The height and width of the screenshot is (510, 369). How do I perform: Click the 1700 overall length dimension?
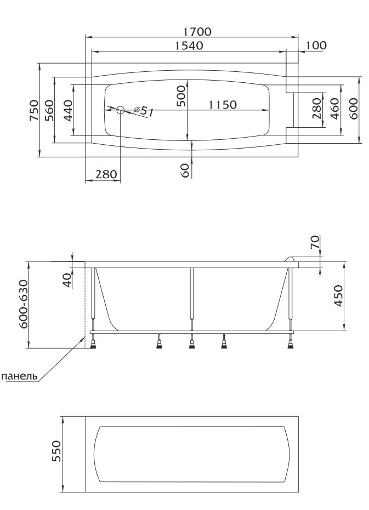[197, 32]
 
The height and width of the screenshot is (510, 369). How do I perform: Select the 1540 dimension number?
[189, 46]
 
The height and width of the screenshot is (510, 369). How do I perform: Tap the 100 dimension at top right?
[316, 45]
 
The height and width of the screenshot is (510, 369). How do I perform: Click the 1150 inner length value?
[223, 105]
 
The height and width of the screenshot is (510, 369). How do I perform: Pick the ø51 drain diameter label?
[143, 111]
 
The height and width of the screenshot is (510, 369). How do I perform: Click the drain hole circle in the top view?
[121, 110]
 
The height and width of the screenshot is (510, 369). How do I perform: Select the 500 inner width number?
[182, 96]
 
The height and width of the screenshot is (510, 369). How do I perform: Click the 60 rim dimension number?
[185, 171]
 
